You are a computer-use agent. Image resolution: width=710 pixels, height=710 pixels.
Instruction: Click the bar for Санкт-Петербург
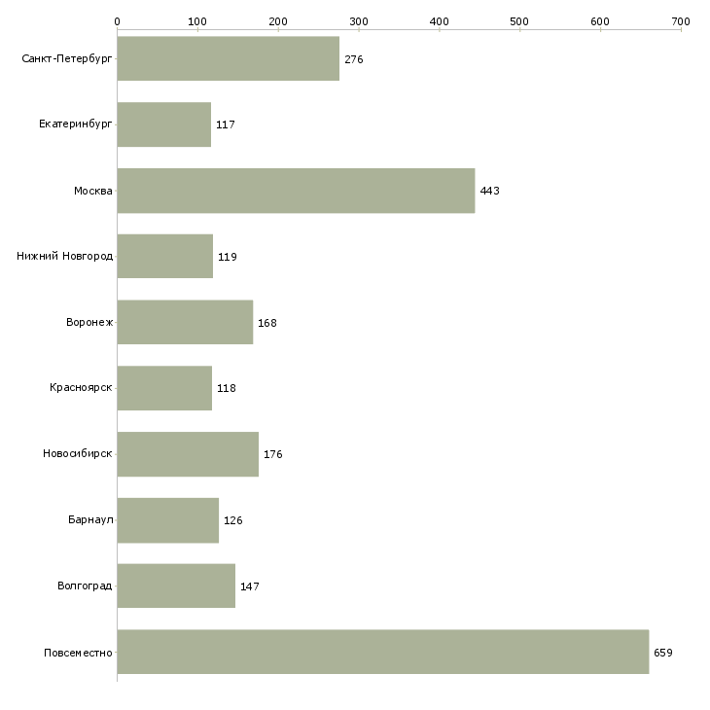229,58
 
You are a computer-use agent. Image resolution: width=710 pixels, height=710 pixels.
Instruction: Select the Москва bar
296,191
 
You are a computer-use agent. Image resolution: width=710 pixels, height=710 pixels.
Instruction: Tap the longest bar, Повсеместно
383,652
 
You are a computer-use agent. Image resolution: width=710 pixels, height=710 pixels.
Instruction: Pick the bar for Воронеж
185,322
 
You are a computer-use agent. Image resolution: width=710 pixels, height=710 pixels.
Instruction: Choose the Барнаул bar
168,520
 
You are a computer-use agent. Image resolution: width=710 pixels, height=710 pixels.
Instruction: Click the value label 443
489,191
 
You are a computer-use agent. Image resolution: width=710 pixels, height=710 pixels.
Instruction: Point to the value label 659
663,653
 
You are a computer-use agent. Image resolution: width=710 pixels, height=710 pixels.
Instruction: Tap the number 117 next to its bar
226,124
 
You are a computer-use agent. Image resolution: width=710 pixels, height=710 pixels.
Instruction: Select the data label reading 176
273,454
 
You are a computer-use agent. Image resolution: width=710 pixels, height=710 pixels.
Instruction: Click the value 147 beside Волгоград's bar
250,586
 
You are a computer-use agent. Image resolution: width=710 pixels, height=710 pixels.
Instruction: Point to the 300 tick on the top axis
359,21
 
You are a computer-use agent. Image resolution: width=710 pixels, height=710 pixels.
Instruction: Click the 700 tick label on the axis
681,21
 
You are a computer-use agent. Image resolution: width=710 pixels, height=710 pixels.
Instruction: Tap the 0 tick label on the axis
118,21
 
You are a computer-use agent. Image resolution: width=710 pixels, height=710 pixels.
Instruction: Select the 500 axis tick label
519,21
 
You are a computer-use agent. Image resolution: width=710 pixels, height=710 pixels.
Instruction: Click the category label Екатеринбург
75,124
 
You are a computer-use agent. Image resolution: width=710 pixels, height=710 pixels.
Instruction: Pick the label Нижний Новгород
64,256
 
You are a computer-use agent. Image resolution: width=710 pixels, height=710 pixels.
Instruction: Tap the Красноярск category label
81,388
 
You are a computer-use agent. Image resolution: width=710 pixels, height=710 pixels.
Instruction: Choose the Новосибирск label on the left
78,453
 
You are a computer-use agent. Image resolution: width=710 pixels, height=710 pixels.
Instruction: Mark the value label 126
233,520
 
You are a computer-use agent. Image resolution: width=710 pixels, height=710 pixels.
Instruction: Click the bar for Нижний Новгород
164,256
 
